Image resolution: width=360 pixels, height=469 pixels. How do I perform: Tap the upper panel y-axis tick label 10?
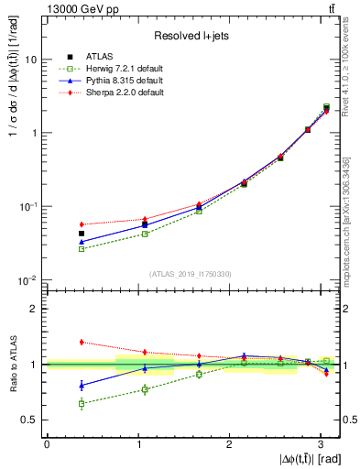coord(33,60)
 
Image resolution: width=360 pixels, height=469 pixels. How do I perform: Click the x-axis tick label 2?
coord(230,444)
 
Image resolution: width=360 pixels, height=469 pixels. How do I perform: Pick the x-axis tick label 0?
coord(46,444)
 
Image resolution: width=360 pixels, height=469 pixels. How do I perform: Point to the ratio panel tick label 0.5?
coord(31,420)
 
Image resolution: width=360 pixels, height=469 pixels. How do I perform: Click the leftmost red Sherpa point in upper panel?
coord(82,224)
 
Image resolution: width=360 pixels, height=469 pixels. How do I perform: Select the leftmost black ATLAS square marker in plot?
coord(82,234)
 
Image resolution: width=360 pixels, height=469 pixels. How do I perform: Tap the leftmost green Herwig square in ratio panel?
coord(82,403)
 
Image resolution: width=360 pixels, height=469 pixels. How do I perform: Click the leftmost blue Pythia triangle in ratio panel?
coord(82,385)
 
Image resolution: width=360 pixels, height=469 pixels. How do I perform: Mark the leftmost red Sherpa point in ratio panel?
coord(82,342)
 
